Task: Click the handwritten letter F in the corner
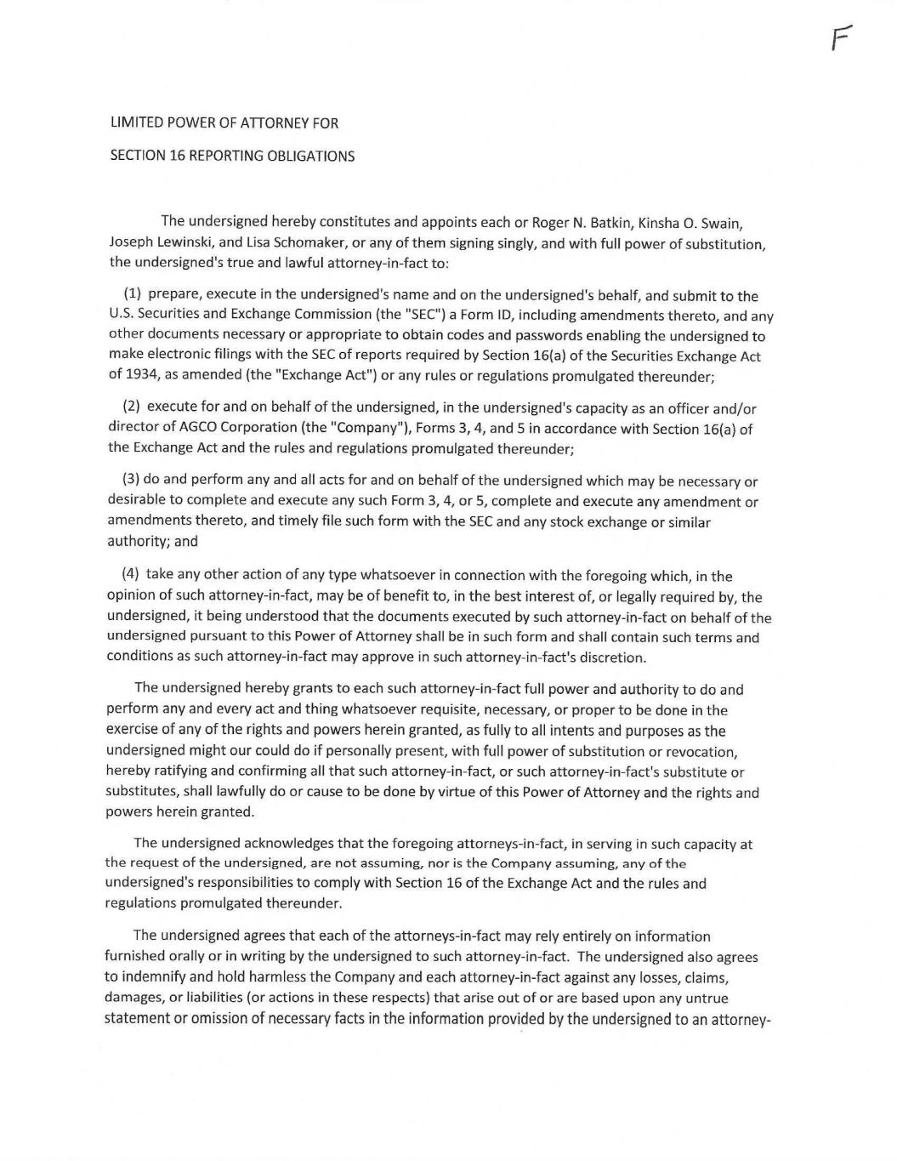(841, 38)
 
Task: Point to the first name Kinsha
(660, 224)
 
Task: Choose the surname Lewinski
(186, 243)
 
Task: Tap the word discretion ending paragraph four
(614, 657)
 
